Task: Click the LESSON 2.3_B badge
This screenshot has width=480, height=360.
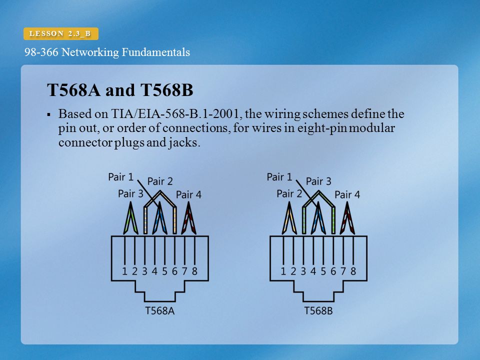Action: pos(61,33)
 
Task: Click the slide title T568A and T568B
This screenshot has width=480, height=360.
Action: pos(120,90)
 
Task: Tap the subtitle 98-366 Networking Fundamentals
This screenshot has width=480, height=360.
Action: pos(107,52)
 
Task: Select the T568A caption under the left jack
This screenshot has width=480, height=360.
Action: pos(159,310)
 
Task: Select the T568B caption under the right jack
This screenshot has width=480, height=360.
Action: pos(318,310)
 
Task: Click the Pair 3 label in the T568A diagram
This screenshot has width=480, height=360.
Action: pos(130,193)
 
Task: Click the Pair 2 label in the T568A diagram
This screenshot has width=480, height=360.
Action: pos(160,181)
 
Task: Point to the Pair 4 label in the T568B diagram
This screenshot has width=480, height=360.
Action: pos(347,194)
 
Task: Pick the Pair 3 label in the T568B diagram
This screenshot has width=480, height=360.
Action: pos(318,181)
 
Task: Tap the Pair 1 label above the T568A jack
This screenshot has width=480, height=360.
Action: pos(121,177)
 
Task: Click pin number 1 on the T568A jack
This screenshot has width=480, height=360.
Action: pos(124,271)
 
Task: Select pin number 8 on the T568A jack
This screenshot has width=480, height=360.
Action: pos(194,271)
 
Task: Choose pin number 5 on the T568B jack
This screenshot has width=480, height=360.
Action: pos(323,271)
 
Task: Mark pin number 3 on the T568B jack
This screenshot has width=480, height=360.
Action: pos(303,271)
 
